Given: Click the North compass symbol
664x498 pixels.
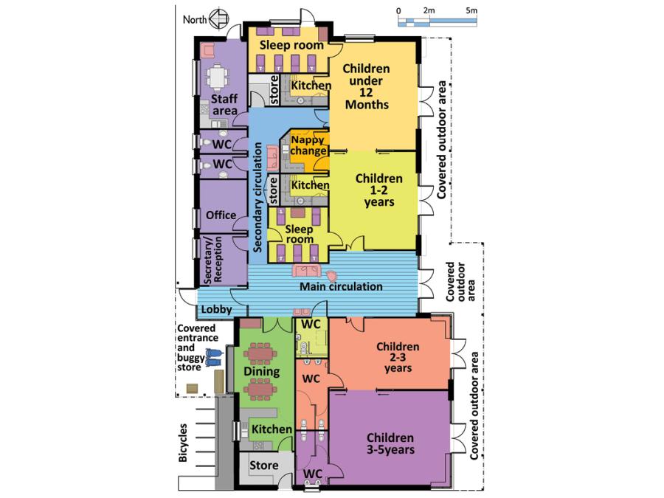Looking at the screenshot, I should pyautogui.click(x=218, y=18).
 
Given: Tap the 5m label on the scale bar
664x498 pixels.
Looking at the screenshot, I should pyautogui.click(x=472, y=10).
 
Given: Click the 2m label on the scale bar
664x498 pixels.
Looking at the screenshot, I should pyautogui.click(x=429, y=10).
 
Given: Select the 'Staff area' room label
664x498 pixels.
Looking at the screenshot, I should pyautogui.click(x=224, y=104).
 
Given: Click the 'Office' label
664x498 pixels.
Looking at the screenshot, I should pyautogui.click(x=221, y=215).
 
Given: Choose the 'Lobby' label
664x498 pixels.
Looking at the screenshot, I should pyautogui.click(x=216, y=310).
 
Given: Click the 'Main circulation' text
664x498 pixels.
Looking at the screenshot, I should pyautogui.click(x=340, y=286).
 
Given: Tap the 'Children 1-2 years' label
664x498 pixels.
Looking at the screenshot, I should pyautogui.click(x=378, y=190).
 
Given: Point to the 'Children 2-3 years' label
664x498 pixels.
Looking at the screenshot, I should pyautogui.click(x=397, y=357).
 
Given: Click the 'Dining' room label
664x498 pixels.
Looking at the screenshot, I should pyautogui.click(x=261, y=372).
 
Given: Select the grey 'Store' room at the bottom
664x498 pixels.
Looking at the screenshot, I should pyautogui.click(x=263, y=466).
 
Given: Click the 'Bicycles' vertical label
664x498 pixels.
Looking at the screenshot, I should pyautogui.click(x=183, y=443).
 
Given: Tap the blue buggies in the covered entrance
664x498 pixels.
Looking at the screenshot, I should pyautogui.click(x=212, y=358).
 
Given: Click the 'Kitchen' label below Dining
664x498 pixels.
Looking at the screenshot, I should pyautogui.click(x=271, y=429).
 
